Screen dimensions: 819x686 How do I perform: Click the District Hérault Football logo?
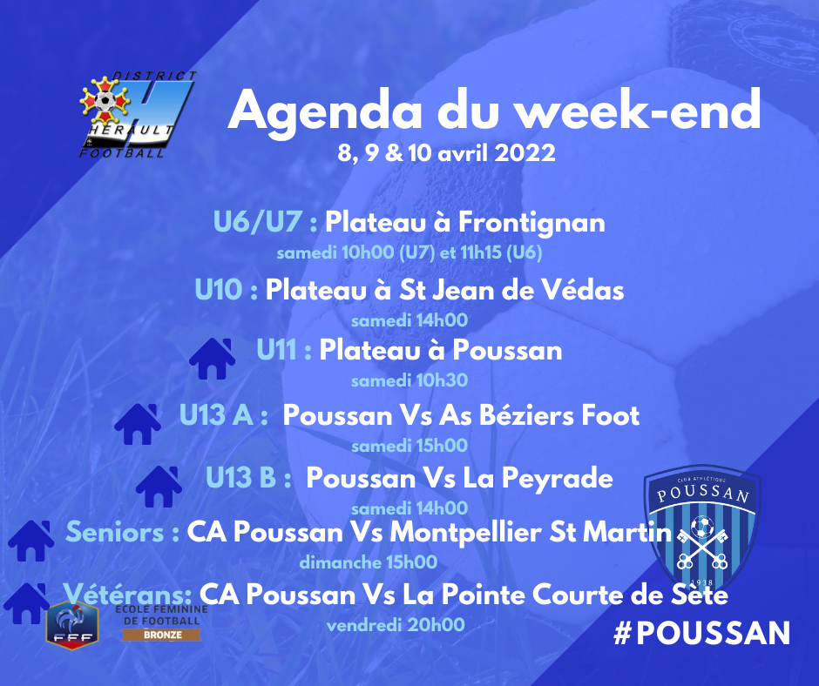(x=138, y=114)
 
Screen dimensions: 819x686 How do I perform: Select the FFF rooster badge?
(x=72, y=625)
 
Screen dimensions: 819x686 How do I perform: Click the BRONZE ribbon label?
(x=162, y=635)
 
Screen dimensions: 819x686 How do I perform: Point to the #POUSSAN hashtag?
(x=701, y=633)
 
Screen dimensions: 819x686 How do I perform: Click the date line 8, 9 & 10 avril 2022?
(x=446, y=153)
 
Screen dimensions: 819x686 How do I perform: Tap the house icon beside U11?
(x=212, y=358)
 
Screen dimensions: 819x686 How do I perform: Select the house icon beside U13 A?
(x=138, y=424)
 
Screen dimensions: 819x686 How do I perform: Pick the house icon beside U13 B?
(x=159, y=487)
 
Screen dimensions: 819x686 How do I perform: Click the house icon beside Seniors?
(x=30, y=541)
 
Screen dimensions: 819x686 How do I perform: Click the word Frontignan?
(x=531, y=222)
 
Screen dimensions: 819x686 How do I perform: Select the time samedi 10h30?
(x=409, y=380)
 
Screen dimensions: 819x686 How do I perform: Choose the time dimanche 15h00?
(x=369, y=562)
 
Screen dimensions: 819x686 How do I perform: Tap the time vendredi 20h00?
(x=396, y=624)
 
